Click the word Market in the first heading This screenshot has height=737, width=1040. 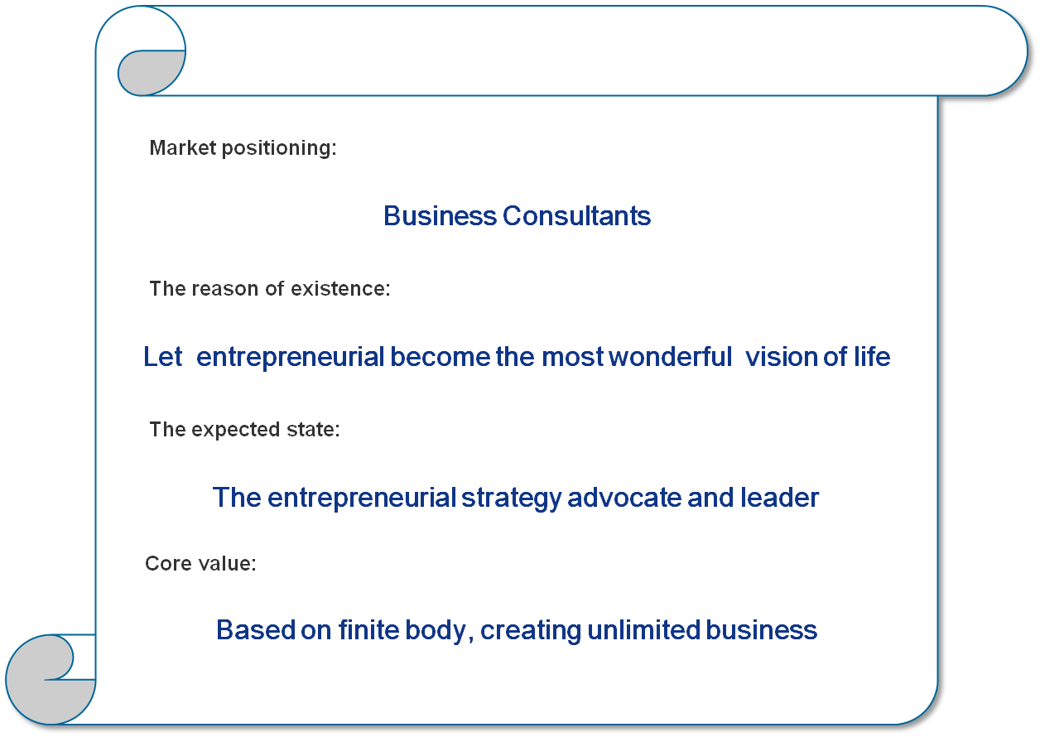tap(183, 147)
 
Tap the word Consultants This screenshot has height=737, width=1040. tap(576, 216)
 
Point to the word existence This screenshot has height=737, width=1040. tap(340, 288)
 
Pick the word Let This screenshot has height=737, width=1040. tap(162, 357)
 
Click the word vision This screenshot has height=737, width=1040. tap(782, 357)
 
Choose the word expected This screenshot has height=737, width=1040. tap(235, 430)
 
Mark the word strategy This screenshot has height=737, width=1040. tap(511, 499)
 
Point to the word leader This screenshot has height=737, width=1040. tap(779, 498)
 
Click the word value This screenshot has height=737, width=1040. tap(227, 563)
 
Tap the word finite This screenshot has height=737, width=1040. tap(368, 630)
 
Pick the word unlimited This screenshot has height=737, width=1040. tap(644, 630)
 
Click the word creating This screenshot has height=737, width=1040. tap(531, 631)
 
